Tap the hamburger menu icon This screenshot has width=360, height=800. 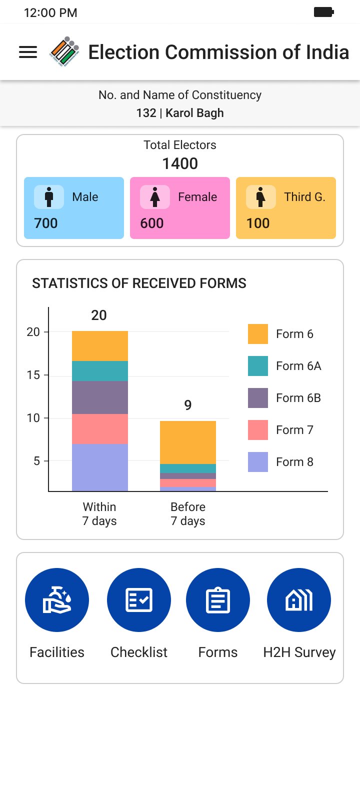tap(28, 52)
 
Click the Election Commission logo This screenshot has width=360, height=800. tap(64, 51)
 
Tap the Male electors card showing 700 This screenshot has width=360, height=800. tap(74, 208)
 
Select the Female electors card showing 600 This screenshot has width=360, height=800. tap(180, 208)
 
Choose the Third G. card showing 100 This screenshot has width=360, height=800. tap(286, 208)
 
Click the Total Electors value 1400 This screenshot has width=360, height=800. tap(180, 163)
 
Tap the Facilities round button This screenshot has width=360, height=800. tap(57, 600)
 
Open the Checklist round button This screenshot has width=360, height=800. tap(139, 600)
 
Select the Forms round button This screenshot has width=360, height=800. tap(218, 600)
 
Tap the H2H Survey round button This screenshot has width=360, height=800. tap(299, 600)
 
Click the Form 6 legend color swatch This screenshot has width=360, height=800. tap(258, 334)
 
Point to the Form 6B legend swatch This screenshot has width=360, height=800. tap(258, 398)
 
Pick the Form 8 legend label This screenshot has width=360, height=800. tap(294, 462)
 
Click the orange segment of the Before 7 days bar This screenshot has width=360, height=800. tap(188, 442)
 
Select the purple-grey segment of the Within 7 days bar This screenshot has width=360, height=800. tap(100, 397)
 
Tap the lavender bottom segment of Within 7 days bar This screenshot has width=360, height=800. tap(100, 467)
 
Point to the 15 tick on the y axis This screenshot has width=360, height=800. tap(33, 375)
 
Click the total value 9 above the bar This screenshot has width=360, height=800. tap(188, 405)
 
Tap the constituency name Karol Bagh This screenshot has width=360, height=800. tap(194, 113)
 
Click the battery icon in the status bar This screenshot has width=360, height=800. tap(323, 12)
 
